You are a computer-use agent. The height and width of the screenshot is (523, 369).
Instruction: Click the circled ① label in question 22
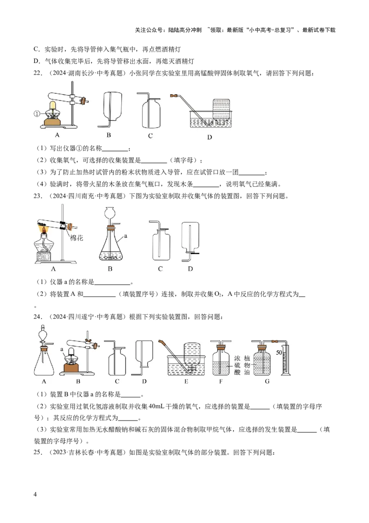37,114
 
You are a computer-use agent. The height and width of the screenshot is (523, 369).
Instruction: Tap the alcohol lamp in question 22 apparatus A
53,111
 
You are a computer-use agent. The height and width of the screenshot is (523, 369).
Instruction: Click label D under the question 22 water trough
209,137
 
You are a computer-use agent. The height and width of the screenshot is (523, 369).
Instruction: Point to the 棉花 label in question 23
76,238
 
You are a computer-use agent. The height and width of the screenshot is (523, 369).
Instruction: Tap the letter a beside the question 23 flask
125,236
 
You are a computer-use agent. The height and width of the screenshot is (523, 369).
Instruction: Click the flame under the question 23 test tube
44,230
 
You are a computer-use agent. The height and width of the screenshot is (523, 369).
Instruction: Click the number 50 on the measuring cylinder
279,352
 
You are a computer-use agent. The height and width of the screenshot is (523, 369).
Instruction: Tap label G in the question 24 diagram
267,381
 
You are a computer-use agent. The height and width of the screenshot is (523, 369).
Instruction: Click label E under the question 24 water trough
186,381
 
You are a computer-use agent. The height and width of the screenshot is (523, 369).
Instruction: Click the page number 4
36,494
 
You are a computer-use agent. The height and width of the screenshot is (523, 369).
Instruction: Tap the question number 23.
38,196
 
